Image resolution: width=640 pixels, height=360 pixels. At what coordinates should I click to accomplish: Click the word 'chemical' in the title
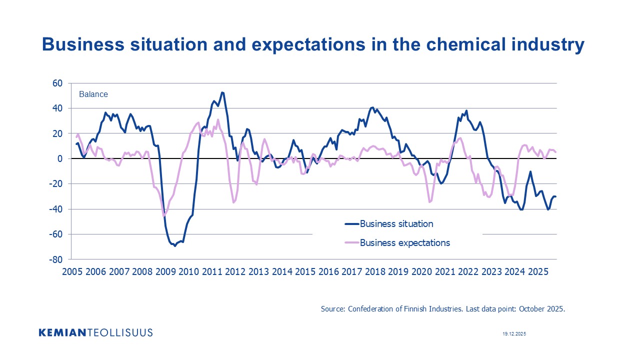pos(462,44)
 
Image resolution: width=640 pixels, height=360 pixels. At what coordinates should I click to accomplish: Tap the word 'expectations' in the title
pos(307,44)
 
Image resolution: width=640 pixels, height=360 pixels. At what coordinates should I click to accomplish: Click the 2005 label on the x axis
pos(72,272)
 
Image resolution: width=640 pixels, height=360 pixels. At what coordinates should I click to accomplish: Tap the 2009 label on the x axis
pos(165,272)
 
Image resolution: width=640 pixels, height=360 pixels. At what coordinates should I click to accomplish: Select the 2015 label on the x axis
pos(304,272)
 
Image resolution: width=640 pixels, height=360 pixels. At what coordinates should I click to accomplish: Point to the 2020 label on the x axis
pos(421,272)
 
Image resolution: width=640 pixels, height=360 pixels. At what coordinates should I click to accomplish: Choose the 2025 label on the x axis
pos(537,272)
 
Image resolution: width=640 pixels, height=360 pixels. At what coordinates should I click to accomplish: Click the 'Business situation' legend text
pos(396,223)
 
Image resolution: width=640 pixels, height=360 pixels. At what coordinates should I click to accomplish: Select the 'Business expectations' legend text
pos(405,243)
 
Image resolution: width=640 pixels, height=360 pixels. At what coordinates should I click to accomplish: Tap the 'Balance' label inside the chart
pos(93,94)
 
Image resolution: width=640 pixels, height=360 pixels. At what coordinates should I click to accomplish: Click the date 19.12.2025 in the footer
pos(514,333)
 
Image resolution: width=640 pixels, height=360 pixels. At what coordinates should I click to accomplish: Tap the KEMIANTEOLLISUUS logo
pos(95,332)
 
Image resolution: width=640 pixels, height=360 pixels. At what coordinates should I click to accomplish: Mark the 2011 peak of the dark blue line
pos(222,92)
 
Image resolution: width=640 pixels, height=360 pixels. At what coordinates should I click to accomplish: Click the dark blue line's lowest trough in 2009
pos(175,246)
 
